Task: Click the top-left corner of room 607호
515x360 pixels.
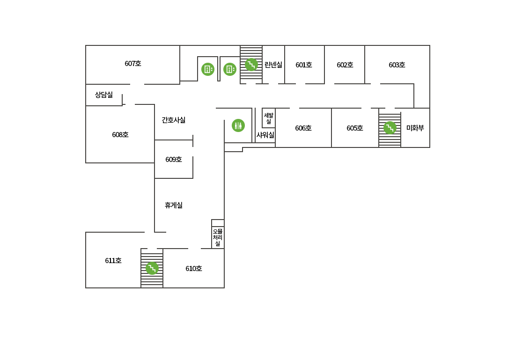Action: pos(86,46)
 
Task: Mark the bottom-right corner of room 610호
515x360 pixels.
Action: pos(224,288)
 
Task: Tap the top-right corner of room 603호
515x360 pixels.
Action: pos(430,46)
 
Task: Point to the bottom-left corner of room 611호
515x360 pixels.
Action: pos(86,288)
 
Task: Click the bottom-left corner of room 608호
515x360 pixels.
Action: pos(86,162)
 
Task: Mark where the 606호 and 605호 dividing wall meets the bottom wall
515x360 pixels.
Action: pos(331,147)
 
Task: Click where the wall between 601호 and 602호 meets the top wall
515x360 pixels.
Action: pos(324,46)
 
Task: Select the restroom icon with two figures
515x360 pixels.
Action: pos(238,125)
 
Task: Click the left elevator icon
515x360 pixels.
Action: pos(208,69)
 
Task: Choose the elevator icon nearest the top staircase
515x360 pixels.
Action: pos(230,69)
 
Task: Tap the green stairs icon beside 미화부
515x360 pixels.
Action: pos(390,128)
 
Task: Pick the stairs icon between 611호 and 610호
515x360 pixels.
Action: pos(152,268)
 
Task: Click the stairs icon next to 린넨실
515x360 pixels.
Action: pos(251,65)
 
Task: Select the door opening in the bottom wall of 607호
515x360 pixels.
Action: pos(137,84)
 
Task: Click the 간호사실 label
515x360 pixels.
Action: pos(173,120)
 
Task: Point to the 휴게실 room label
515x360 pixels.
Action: pos(173,206)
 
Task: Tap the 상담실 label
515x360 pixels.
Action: pos(104,95)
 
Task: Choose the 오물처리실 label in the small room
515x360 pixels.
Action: pos(217,237)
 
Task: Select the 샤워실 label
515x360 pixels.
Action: pos(265,135)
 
